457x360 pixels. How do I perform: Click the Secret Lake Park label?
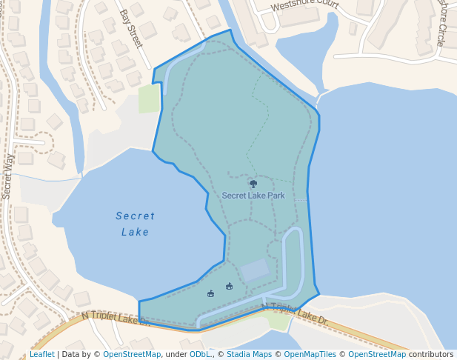(x=253, y=196)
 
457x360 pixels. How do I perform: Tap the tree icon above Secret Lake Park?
(x=253, y=184)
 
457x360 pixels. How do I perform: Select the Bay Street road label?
(x=130, y=28)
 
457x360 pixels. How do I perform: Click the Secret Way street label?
(x=8, y=176)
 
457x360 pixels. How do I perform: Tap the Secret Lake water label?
(x=136, y=224)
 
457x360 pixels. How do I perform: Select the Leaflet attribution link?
(x=42, y=354)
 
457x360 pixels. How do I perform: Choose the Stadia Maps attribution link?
(x=249, y=354)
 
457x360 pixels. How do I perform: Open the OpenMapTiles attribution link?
(x=310, y=354)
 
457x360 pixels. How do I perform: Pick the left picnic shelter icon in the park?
(x=211, y=293)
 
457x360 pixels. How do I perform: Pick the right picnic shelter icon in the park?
(x=229, y=286)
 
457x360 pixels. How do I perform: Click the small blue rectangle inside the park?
(x=255, y=270)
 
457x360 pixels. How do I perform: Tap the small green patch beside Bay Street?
(x=149, y=99)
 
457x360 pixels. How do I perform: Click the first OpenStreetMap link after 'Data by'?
(x=132, y=354)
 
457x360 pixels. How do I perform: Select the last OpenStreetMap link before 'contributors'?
(x=377, y=354)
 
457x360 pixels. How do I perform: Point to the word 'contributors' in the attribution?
(x=431, y=354)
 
